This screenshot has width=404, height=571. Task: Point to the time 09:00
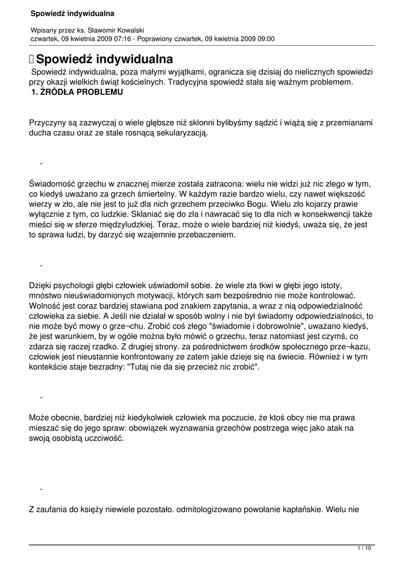tap(265, 38)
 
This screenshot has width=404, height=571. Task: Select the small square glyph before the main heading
tap(31, 59)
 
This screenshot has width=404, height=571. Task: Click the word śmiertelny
tap(155, 194)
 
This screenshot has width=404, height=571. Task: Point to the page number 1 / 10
tap(364, 549)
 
